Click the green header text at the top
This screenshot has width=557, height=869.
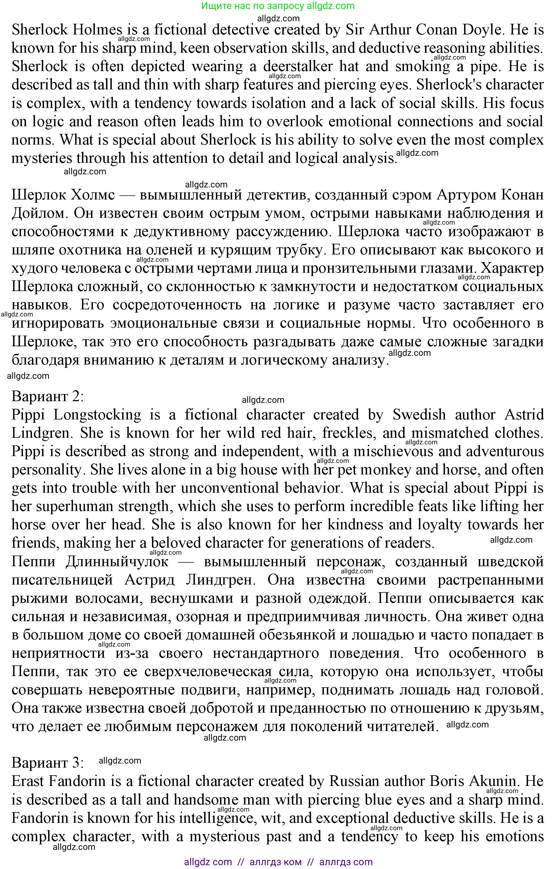(x=278, y=6)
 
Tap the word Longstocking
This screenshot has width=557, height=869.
(x=97, y=415)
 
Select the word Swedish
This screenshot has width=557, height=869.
(x=419, y=415)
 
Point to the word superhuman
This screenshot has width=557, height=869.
(x=75, y=506)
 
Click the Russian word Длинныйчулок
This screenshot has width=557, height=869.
(x=117, y=562)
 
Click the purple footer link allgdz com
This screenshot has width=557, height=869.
(x=208, y=862)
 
